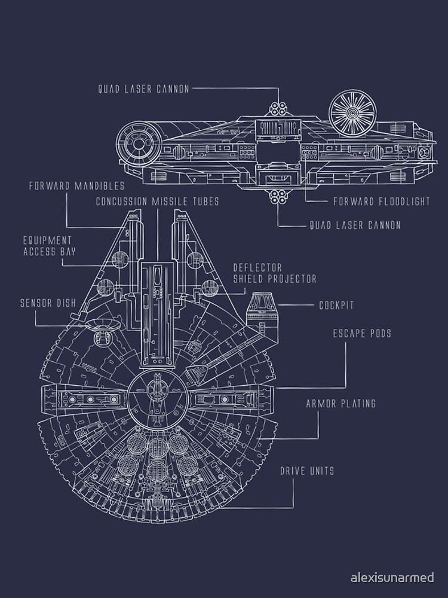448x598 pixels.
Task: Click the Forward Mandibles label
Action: (x=76, y=185)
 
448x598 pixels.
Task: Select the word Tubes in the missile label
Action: (x=205, y=202)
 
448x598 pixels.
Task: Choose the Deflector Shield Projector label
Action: (x=274, y=273)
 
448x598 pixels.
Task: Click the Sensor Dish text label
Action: (x=47, y=303)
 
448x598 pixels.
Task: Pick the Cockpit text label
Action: (x=336, y=305)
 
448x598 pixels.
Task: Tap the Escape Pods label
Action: (x=362, y=333)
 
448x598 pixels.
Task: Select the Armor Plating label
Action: (x=340, y=404)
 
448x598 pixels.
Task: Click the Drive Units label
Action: (x=307, y=471)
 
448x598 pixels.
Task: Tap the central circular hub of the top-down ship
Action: (x=157, y=396)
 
